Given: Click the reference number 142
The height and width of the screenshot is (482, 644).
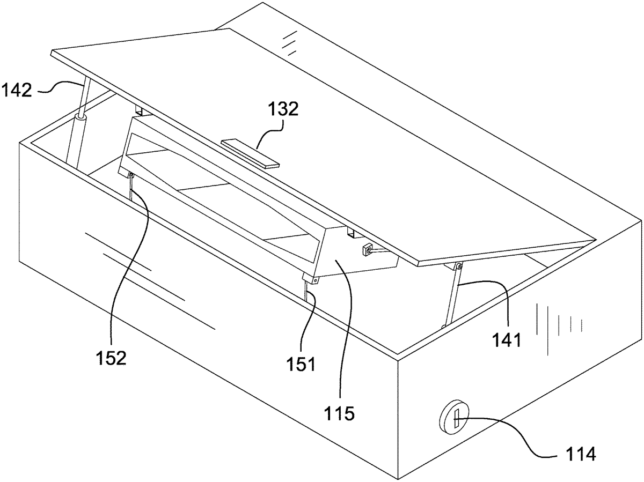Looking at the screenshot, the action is point(17,90).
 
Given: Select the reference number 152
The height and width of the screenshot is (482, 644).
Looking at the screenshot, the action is point(111,358).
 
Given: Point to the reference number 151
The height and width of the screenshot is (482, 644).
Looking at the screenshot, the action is point(301,364).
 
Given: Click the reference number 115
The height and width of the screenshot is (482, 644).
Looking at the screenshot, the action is point(340,414).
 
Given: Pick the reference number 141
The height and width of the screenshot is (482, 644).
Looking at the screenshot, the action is point(507,340).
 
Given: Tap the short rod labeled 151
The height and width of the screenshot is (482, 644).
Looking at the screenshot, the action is point(306,291).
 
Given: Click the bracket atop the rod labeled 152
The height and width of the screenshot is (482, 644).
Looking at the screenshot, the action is point(130,175).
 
